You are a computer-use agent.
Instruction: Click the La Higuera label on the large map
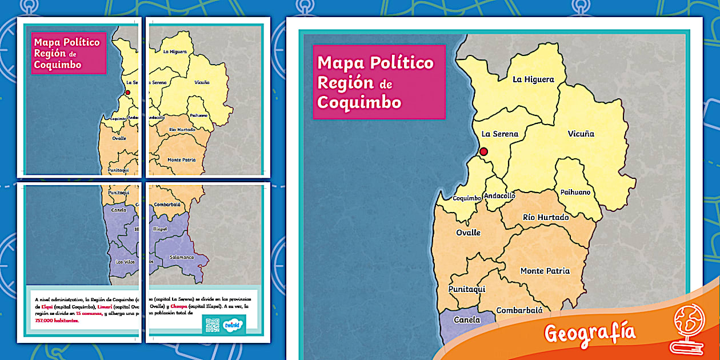click(533, 79)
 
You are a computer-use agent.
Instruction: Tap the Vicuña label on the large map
click(581, 134)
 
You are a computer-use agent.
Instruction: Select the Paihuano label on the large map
click(575, 192)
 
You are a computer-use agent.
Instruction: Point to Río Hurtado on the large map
click(546, 217)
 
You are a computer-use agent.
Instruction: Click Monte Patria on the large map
click(545, 271)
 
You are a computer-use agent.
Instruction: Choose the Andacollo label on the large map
click(499, 195)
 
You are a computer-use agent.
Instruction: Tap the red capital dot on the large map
click(483, 151)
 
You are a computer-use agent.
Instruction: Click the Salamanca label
click(179, 257)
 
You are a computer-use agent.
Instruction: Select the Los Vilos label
click(125, 261)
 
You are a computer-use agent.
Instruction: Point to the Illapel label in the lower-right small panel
click(160, 229)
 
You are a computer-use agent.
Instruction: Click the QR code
click(211, 325)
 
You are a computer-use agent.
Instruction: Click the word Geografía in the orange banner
click(589, 332)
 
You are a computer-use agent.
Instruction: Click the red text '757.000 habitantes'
click(57, 321)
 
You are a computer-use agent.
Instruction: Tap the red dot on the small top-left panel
click(127, 92)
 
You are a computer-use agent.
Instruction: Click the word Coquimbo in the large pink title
click(359, 102)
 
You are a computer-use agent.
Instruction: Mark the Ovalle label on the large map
click(468, 233)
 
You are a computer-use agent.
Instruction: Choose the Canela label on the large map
click(466, 320)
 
